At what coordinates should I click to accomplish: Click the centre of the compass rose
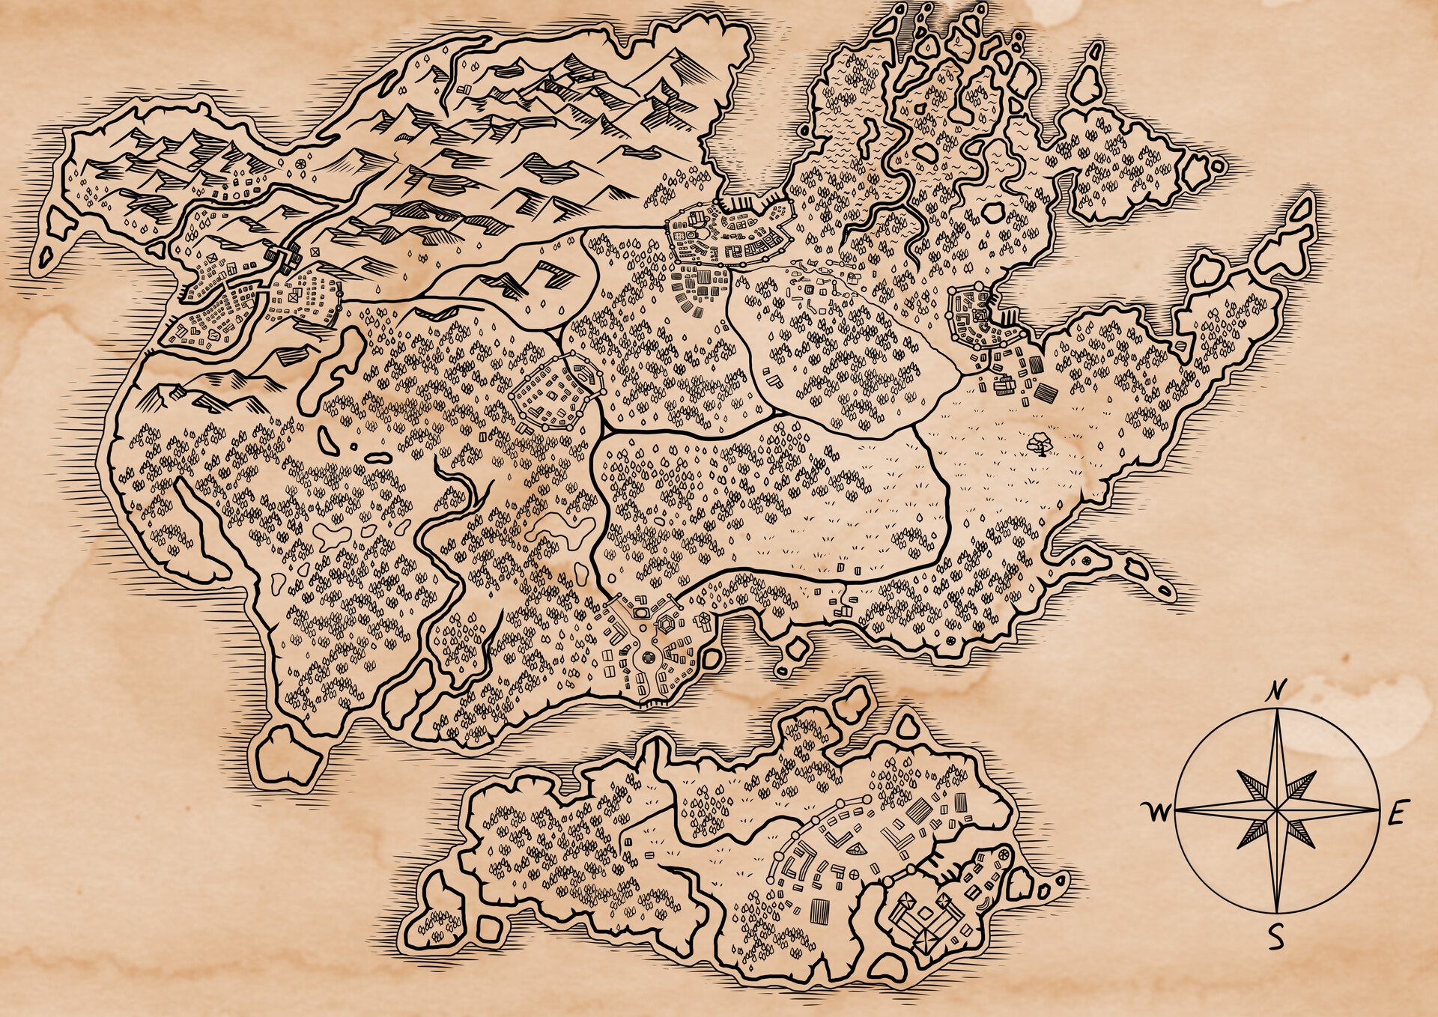(x=1276, y=810)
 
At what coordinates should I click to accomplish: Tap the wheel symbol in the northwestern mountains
(x=300, y=163)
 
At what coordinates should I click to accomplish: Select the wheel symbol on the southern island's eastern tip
(x=1003, y=855)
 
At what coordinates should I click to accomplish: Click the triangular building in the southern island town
(x=856, y=848)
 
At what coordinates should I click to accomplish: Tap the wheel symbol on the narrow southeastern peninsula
(x=1086, y=561)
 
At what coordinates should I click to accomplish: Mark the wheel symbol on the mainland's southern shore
(x=950, y=641)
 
